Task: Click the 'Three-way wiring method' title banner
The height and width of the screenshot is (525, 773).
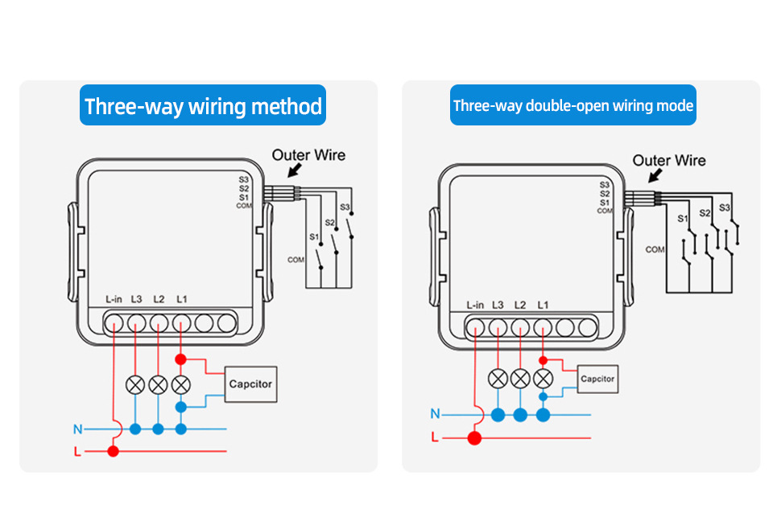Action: (203, 105)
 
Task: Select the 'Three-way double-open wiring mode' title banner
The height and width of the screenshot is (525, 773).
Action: (573, 105)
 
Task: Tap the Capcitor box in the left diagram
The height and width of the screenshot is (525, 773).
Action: (250, 383)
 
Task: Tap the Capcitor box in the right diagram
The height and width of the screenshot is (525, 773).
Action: (597, 379)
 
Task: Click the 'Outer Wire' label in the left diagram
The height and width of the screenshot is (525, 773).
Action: (308, 154)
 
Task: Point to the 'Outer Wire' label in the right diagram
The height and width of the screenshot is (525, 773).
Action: (668, 160)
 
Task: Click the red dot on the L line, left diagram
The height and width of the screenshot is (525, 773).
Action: (113, 452)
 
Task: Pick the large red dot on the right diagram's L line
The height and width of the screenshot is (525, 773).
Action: (475, 438)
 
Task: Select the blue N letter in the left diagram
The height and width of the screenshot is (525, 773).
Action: (77, 429)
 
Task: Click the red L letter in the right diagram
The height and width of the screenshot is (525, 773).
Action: (435, 438)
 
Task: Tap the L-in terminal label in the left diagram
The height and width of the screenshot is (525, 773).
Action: (114, 299)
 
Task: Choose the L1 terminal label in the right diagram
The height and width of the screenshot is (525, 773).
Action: (543, 305)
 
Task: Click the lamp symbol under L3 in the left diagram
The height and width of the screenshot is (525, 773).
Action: (135, 383)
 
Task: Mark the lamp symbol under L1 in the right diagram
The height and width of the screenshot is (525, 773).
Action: (543, 378)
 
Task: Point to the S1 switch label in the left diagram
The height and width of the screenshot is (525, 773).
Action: (314, 236)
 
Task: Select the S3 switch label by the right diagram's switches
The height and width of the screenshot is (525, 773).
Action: (724, 208)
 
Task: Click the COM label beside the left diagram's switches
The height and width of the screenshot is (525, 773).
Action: (296, 260)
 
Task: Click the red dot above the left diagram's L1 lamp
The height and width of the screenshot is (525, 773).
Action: (181, 359)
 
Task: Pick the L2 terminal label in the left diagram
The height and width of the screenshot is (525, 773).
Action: (159, 299)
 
